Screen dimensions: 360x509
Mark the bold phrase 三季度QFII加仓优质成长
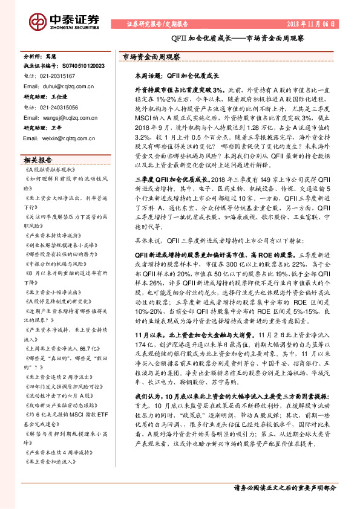pyautogui.click(x=163, y=180)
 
